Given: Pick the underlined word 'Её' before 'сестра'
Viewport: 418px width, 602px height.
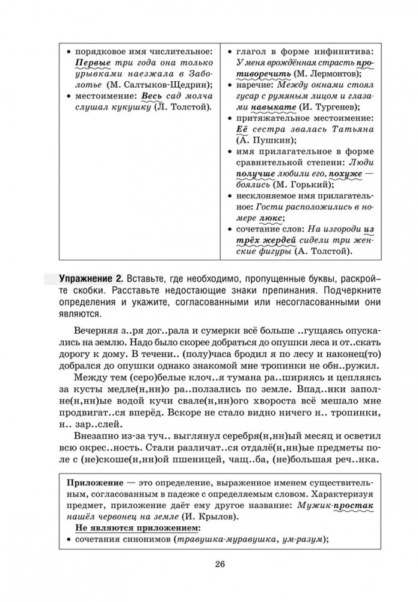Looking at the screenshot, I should [238, 129].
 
